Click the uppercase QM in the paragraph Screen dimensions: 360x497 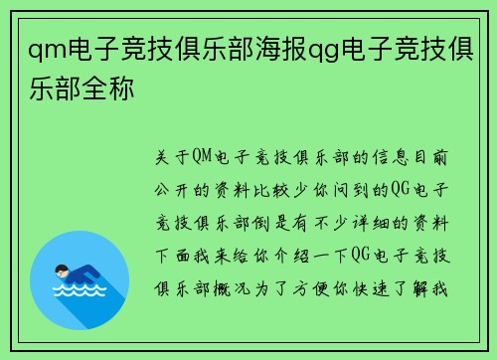pos(206,157)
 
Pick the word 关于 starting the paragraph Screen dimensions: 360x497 pos(171,157)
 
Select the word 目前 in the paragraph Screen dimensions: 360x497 pos(435,157)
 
